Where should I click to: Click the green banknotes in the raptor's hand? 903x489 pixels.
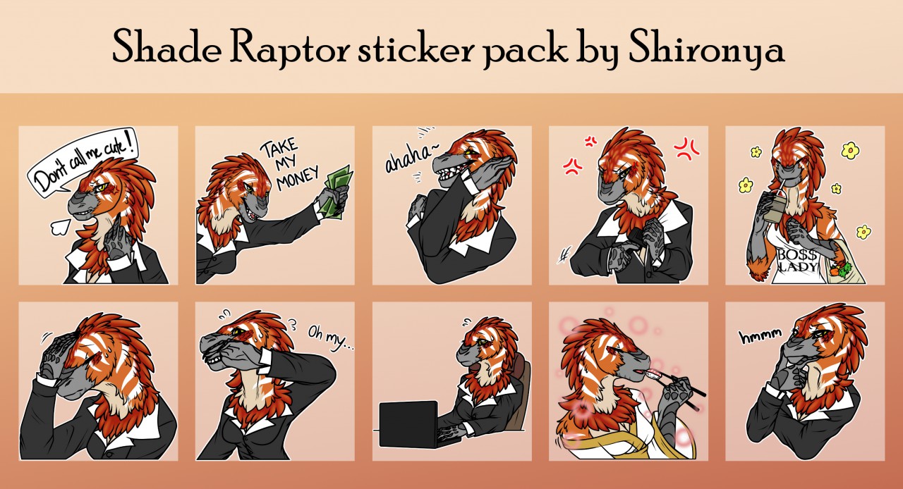tap(337, 192)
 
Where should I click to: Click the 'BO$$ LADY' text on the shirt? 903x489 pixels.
tap(797, 260)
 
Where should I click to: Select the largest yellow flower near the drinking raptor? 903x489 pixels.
tap(850, 150)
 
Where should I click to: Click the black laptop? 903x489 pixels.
tap(410, 424)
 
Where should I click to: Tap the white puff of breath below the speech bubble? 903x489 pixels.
tap(61, 227)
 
